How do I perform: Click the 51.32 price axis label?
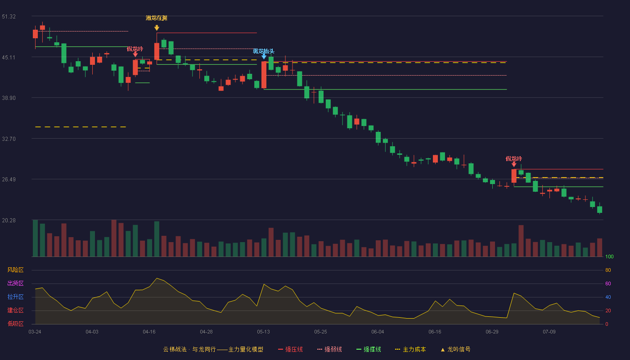[x=9, y=17]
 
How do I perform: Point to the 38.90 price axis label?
[x=9, y=98]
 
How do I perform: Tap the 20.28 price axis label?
[x=9, y=220]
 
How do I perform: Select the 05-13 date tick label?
[x=263, y=332]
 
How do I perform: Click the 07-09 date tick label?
[x=549, y=332]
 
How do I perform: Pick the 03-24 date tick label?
[x=35, y=332]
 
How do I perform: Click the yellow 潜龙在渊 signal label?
[x=157, y=18]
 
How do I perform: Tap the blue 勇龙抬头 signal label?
[x=264, y=51]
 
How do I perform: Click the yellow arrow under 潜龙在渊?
[x=157, y=27]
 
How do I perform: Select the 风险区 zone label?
[x=15, y=270]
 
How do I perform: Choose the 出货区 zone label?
[x=15, y=283]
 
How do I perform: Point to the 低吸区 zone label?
[x=15, y=324]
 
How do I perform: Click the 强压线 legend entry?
[x=290, y=349]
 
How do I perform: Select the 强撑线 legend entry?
[x=369, y=349]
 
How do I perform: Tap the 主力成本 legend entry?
[x=410, y=349]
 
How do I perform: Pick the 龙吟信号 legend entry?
[x=455, y=349]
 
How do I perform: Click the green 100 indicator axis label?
[x=609, y=256]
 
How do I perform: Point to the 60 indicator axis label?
[x=608, y=283]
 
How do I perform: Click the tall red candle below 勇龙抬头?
[x=264, y=75]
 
